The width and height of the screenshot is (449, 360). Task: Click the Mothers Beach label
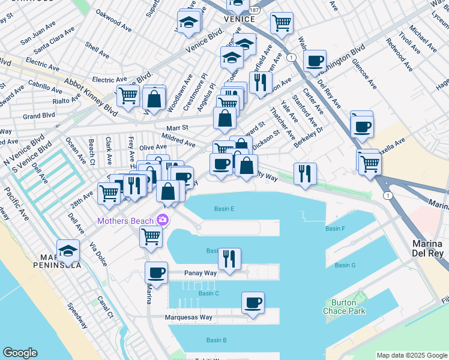(x=126, y=221)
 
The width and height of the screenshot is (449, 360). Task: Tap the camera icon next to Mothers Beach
(x=162, y=220)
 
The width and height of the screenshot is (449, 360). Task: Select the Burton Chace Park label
(x=348, y=307)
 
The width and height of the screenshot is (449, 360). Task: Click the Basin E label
(x=224, y=209)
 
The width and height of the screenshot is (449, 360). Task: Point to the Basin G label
(x=345, y=265)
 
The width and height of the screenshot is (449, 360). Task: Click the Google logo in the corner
(x=20, y=353)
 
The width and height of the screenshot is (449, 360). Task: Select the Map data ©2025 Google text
(x=411, y=355)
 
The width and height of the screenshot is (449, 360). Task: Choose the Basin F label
(x=335, y=229)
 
